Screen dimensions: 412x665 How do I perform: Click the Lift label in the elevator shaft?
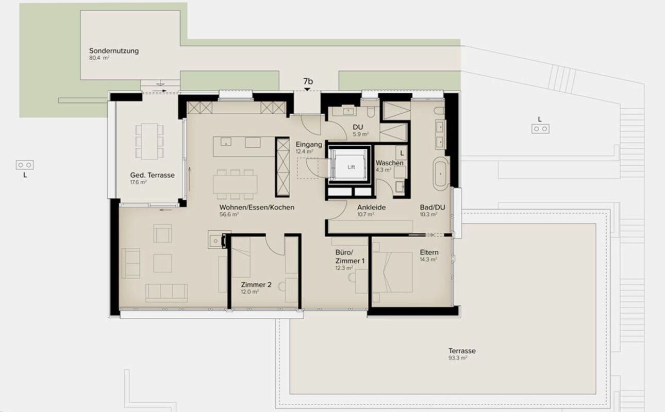click(x=351, y=167)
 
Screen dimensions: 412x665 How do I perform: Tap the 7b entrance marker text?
click(x=308, y=81)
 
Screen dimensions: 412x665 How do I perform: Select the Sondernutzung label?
click(x=114, y=51)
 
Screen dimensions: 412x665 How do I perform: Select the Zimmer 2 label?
click(x=256, y=284)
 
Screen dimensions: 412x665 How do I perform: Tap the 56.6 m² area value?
click(x=229, y=215)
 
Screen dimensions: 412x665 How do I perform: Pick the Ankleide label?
click(x=372, y=208)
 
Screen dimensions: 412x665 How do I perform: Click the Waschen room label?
click(x=389, y=163)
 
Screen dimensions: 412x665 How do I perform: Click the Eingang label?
click(x=309, y=145)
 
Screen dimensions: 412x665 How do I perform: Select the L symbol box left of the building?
click(x=24, y=165)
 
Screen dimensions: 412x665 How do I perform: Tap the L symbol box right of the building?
click(x=540, y=129)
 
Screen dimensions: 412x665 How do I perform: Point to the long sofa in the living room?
click(x=167, y=293)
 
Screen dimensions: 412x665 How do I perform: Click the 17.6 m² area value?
click(x=139, y=182)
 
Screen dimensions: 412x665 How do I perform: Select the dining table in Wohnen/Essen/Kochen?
click(x=235, y=183)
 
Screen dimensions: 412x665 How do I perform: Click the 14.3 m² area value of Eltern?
click(x=429, y=260)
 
